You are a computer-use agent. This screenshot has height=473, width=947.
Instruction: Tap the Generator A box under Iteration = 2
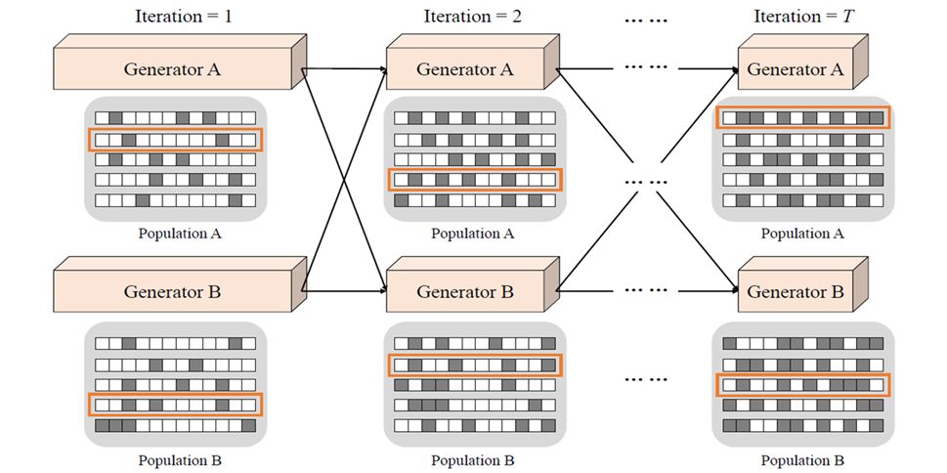[464, 69]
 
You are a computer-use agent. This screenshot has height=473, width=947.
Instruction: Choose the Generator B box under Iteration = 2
[464, 292]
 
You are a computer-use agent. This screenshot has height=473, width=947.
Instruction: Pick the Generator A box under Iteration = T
[795, 69]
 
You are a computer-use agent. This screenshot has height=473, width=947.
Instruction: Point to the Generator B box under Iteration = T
[795, 292]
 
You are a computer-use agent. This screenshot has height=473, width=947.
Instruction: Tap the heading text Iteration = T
[801, 16]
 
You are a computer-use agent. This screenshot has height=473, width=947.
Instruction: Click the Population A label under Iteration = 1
[175, 234]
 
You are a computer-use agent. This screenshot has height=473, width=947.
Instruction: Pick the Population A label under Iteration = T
[801, 234]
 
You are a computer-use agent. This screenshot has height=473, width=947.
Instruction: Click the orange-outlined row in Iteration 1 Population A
[175, 140]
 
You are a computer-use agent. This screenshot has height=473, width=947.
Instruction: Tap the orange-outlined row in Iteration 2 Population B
[475, 365]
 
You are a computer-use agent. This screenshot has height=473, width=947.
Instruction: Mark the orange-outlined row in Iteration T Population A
[801, 118]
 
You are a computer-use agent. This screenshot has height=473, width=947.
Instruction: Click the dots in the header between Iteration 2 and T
[646, 17]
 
